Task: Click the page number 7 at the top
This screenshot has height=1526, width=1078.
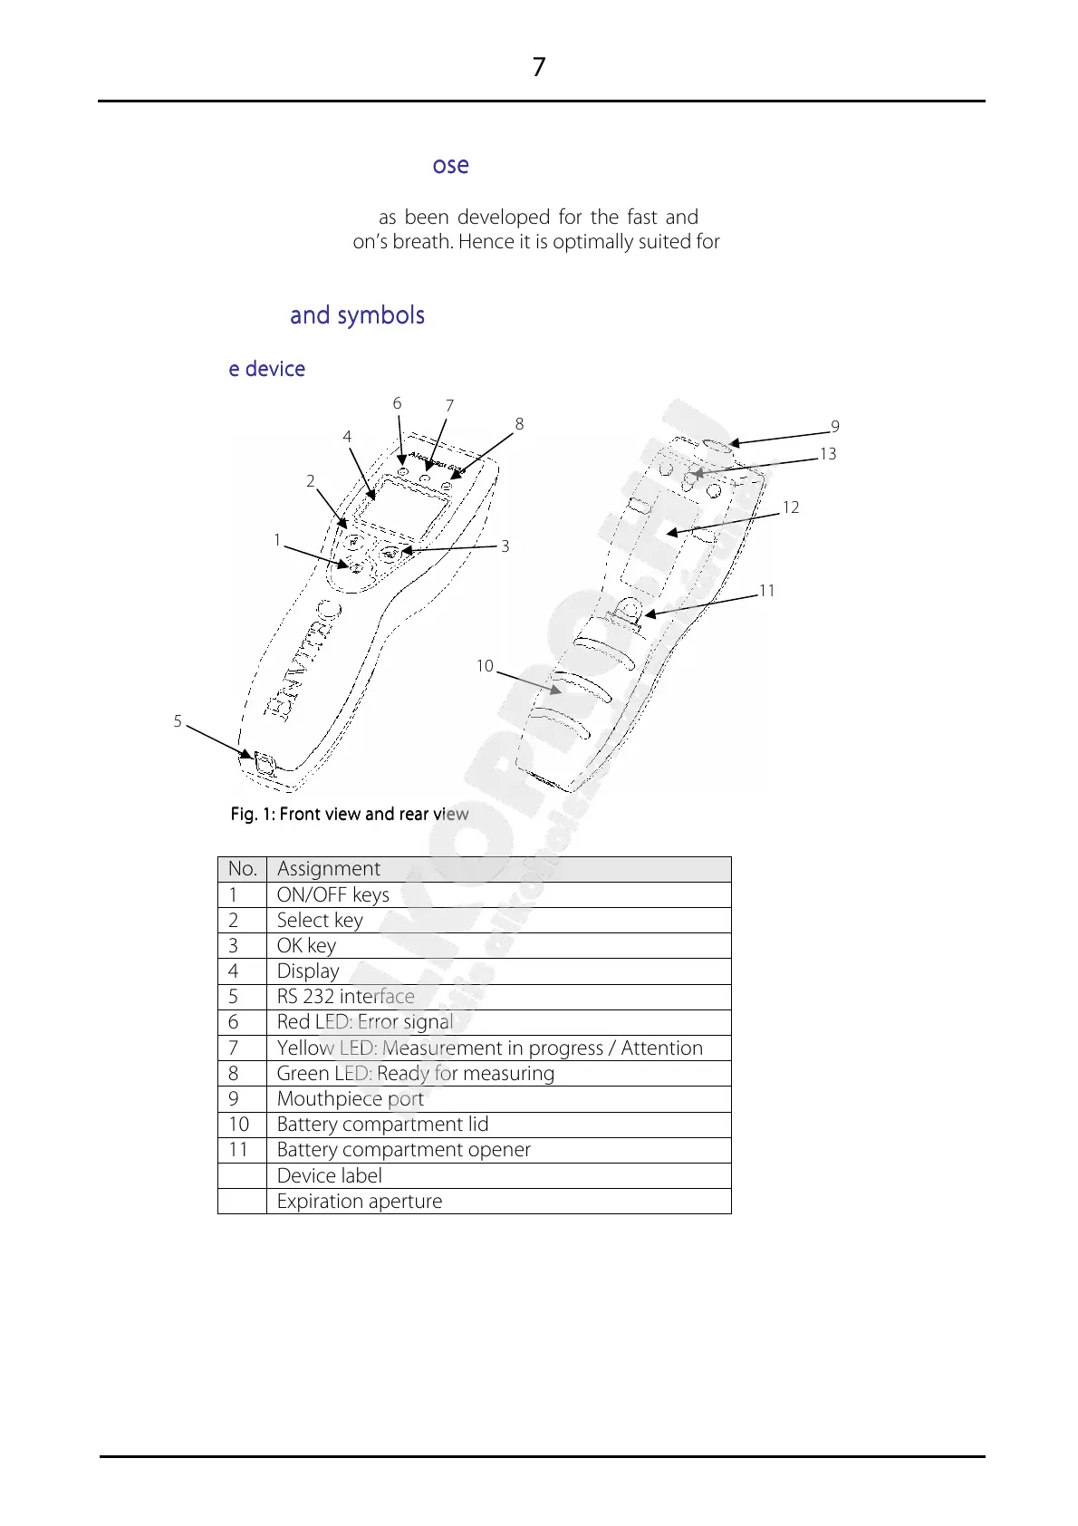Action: pyautogui.click(x=539, y=68)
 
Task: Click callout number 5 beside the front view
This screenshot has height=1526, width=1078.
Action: pyautogui.click(x=178, y=722)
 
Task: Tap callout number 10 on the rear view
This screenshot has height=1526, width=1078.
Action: pyautogui.click(x=485, y=667)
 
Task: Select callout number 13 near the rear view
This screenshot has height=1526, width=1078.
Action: pyautogui.click(x=827, y=454)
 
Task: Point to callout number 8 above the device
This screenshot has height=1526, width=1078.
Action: pyautogui.click(x=519, y=424)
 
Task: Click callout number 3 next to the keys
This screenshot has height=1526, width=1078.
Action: pyautogui.click(x=505, y=546)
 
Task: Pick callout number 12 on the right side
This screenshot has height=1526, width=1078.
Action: pyautogui.click(x=791, y=507)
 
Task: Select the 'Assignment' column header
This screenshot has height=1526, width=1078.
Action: pyautogui.click(x=329, y=869)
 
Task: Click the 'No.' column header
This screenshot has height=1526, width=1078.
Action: pyautogui.click(x=243, y=869)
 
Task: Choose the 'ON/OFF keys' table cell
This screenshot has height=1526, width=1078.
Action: pyautogui.click(x=333, y=895)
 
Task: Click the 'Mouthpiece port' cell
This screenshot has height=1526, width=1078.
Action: pyautogui.click(x=351, y=1099)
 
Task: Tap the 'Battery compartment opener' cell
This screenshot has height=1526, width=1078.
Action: pyautogui.click(x=404, y=1150)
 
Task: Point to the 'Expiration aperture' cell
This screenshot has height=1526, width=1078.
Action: pyautogui.click(x=360, y=1202)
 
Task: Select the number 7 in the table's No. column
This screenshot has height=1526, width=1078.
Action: pyautogui.click(x=234, y=1048)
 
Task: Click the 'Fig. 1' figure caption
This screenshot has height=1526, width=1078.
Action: pyautogui.click(x=350, y=815)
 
